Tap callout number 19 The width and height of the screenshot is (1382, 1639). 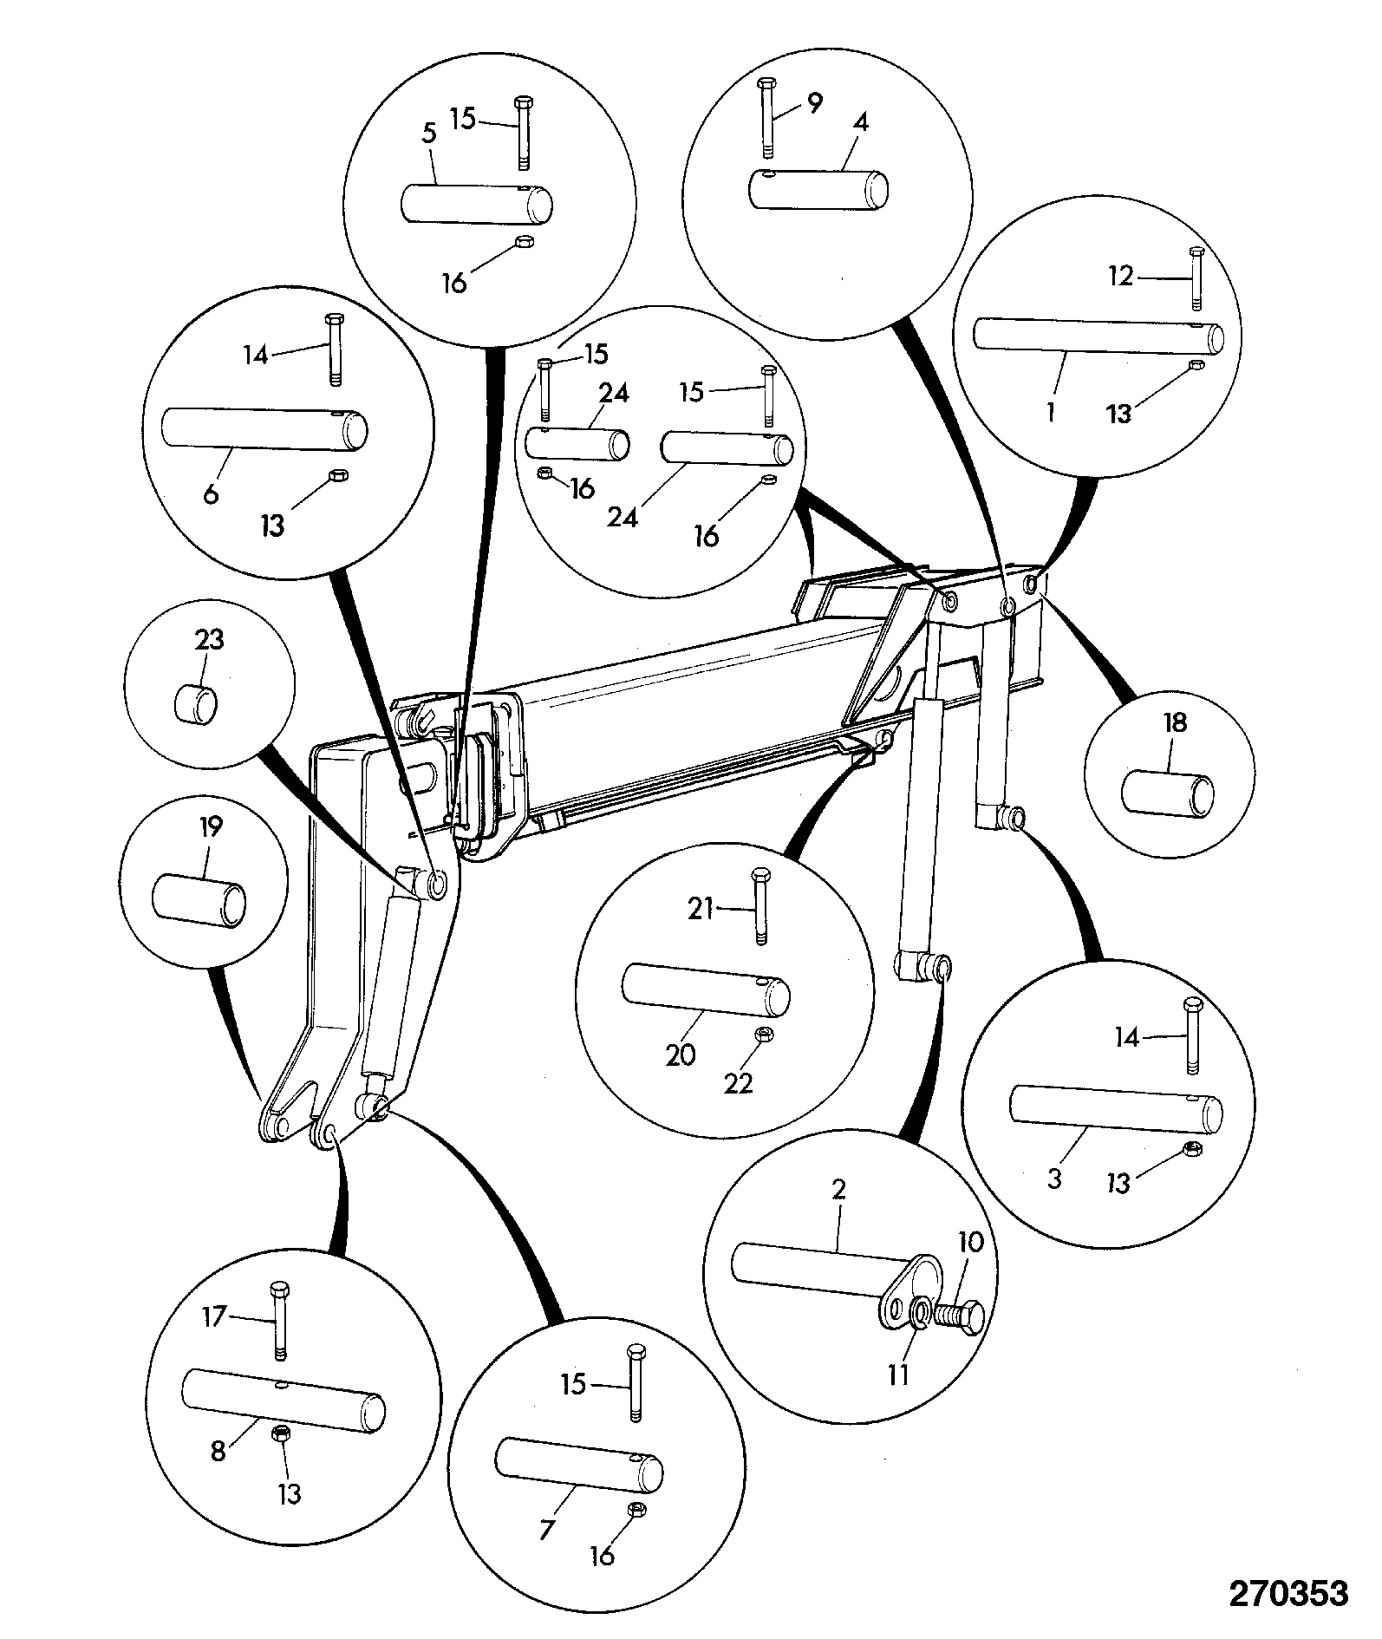(x=211, y=827)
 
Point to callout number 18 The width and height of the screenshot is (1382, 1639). (x=1175, y=722)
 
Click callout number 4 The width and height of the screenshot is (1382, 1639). (x=860, y=122)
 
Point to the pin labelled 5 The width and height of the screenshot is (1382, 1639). (x=477, y=201)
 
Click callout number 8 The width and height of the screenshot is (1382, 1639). (x=218, y=1451)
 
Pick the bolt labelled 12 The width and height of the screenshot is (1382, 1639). (x=1196, y=278)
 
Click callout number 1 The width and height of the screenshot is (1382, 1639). (x=1050, y=413)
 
